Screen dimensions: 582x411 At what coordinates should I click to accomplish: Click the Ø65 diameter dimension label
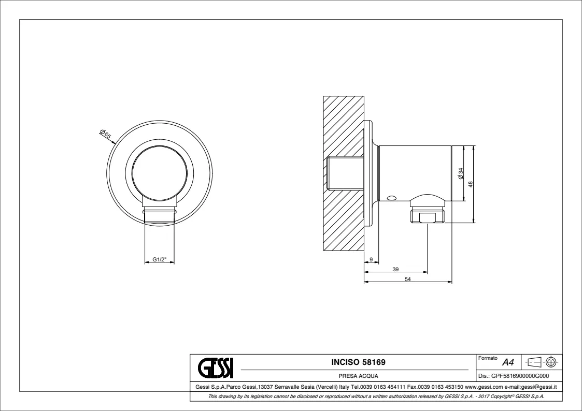(106, 134)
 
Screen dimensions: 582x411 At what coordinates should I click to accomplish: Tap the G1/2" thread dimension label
(159, 259)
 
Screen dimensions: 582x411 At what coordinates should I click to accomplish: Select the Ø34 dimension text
(461, 173)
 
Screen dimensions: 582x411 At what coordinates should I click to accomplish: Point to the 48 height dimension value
(470, 184)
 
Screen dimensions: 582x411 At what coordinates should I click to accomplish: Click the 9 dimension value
(371, 260)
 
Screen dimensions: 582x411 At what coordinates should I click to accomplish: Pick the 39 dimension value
(395, 270)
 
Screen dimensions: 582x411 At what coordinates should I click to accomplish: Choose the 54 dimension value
(407, 280)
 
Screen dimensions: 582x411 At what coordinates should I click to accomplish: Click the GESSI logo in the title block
(216, 367)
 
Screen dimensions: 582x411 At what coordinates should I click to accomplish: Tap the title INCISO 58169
(358, 362)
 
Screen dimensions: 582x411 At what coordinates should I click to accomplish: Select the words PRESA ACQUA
(358, 376)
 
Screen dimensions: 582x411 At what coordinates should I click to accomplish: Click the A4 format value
(508, 362)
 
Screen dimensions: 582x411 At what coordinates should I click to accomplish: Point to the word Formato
(488, 358)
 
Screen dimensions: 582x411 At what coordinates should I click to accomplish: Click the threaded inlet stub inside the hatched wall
(345, 173)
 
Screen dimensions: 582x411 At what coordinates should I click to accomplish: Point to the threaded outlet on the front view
(159, 216)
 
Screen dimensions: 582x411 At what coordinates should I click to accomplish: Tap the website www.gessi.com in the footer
(484, 387)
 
